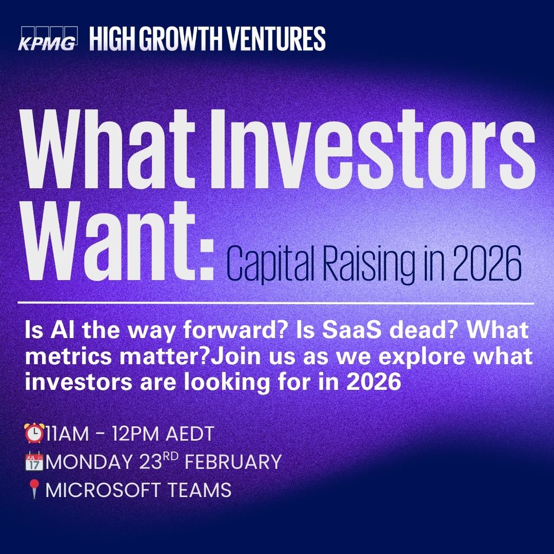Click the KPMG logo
[x=48, y=38]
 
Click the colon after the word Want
[x=205, y=260]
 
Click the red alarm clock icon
[x=34, y=433]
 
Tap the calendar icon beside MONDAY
[x=34, y=461]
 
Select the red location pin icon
[x=34, y=489]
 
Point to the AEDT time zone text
[x=190, y=433]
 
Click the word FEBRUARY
[x=233, y=462]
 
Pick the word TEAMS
[x=199, y=490]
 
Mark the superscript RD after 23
[x=171, y=457]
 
